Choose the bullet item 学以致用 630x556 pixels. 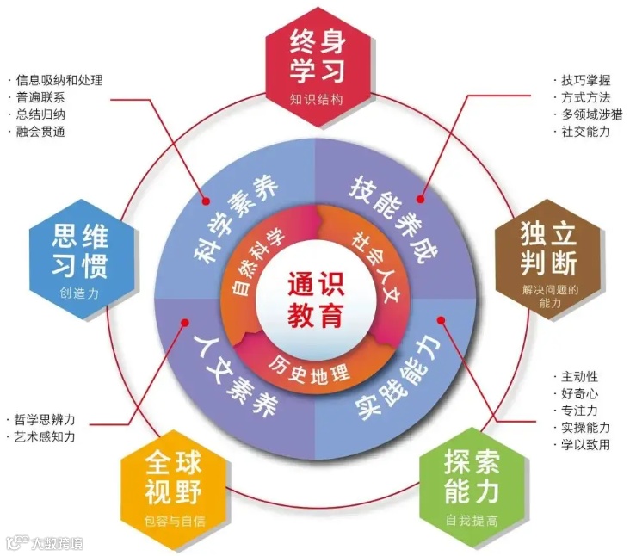585,445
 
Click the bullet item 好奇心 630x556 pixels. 579,393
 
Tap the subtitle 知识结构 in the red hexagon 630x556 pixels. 316,99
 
